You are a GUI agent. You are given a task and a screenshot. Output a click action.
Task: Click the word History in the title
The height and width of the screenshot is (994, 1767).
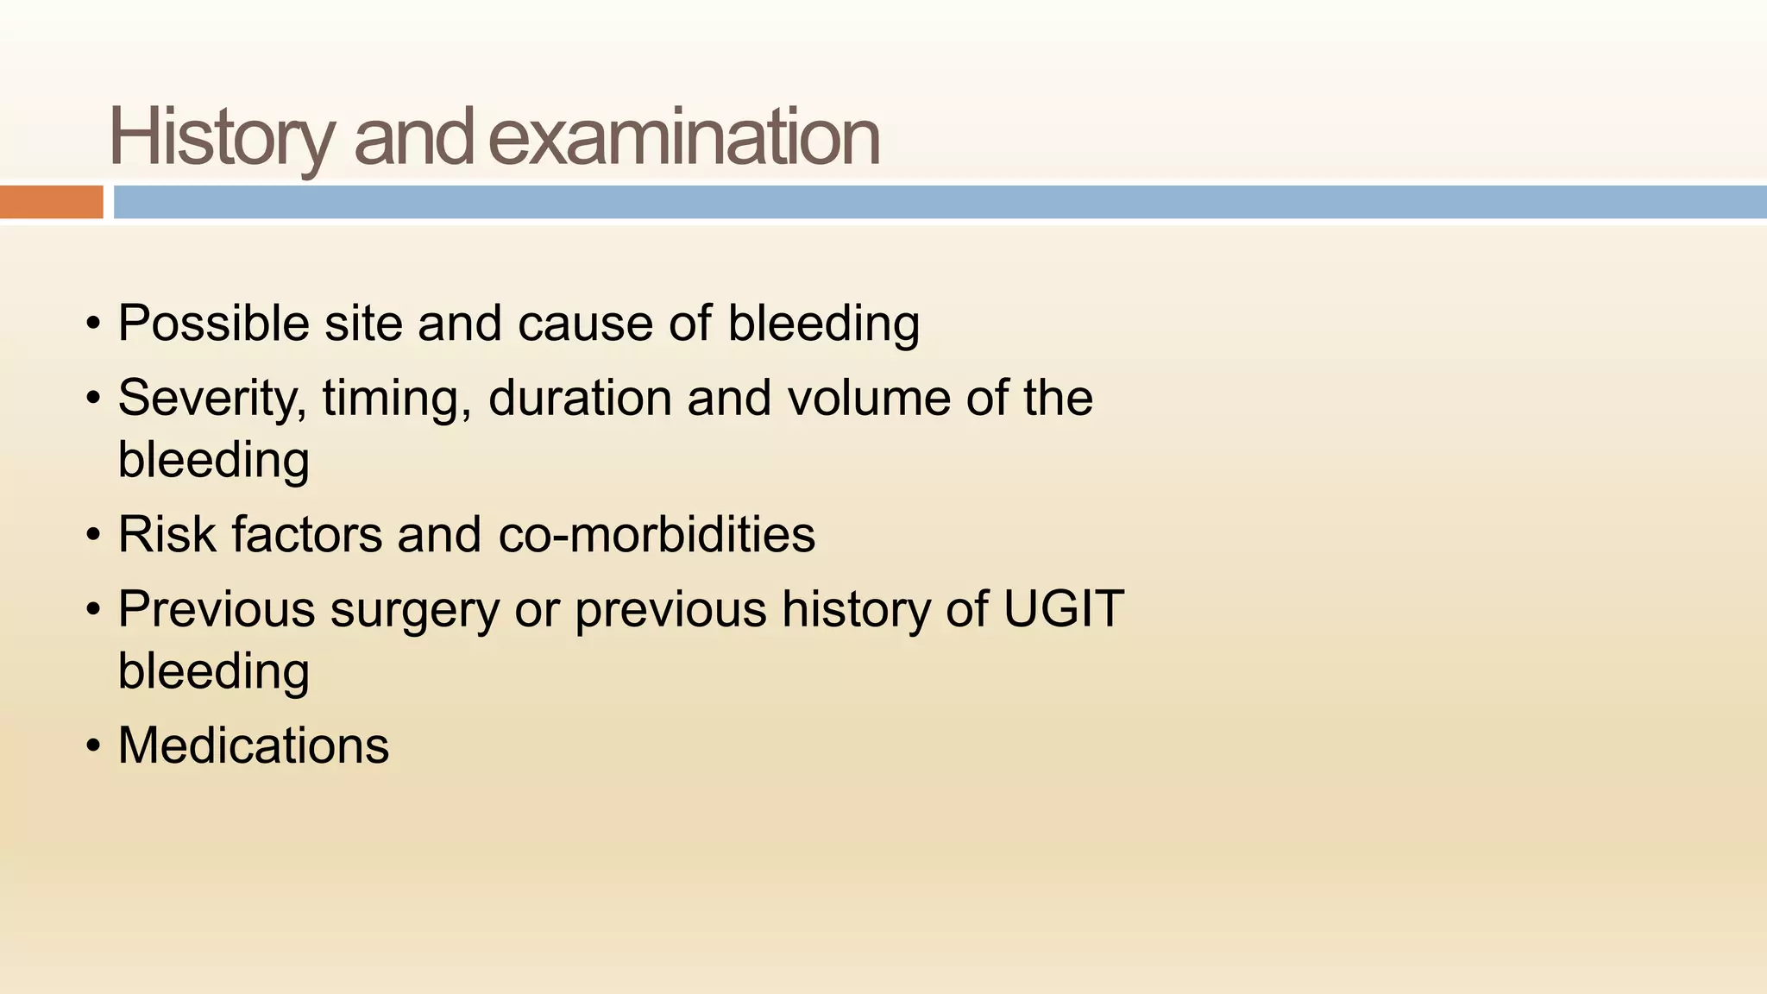coord(221,138)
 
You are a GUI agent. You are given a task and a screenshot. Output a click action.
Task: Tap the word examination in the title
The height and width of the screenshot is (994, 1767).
coord(684,138)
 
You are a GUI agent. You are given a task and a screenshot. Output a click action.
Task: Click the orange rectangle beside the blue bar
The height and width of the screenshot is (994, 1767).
coord(51,202)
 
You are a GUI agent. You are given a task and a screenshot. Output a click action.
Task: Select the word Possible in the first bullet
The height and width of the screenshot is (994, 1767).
coord(213,324)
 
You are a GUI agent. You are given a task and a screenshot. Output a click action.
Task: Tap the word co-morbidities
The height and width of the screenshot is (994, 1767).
coord(657,534)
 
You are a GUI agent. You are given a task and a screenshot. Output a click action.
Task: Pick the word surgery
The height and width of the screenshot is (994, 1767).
coord(414,609)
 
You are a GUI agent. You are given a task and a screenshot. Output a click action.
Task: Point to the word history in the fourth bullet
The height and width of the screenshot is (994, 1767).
coord(856,609)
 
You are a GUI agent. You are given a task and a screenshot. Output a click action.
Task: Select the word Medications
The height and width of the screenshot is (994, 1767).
coord(253,745)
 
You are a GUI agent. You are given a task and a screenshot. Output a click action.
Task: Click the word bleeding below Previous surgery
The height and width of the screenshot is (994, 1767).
coord(213,671)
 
